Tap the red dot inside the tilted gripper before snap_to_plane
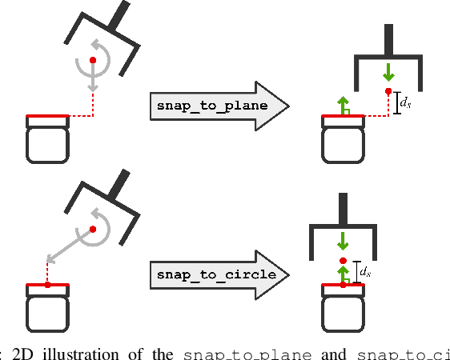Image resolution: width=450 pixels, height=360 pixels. [x=94, y=60]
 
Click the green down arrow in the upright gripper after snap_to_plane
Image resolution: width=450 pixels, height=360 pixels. [x=388, y=72]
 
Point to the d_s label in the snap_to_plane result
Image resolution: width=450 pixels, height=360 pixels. [x=406, y=103]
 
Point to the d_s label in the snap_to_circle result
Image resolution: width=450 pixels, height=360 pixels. [x=366, y=273]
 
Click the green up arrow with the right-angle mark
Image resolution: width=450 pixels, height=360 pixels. [x=343, y=106]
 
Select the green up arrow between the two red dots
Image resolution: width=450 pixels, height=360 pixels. [x=343, y=273]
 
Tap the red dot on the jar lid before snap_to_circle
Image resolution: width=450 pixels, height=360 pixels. [x=48, y=284]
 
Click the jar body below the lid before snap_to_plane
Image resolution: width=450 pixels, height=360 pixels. [x=49, y=142]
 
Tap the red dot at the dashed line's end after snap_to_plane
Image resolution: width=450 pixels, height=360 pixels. [x=388, y=93]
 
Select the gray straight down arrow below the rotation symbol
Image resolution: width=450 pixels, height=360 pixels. [x=94, y=81]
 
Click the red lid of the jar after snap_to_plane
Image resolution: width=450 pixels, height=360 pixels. [x=343, y=118]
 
